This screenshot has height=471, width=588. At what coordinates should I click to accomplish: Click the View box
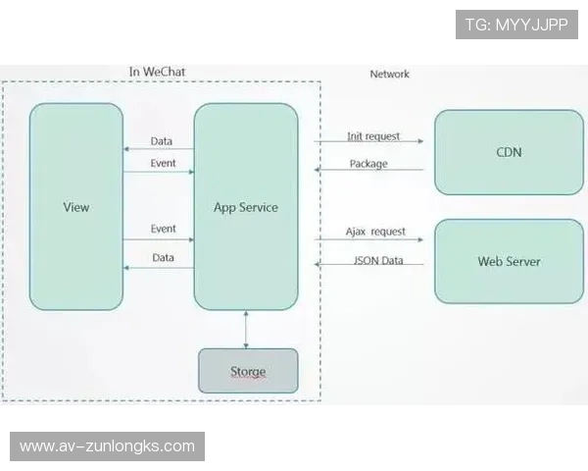point(75,207)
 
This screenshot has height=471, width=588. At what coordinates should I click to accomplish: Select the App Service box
point(245,207)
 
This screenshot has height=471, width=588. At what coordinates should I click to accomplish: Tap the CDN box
point(509,152)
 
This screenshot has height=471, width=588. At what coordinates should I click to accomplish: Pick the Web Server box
point(509,261)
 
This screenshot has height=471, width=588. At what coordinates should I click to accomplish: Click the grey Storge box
point(248,372)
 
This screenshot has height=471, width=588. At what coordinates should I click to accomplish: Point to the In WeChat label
point(157,72)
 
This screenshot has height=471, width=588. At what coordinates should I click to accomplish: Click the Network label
point(389,74)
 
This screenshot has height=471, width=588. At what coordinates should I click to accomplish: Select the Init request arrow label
point(373,136)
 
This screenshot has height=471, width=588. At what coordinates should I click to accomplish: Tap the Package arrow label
point(367,164)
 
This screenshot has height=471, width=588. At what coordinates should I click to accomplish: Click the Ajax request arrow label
point(375,233)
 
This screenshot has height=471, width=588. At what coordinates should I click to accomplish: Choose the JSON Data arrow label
point(377,260)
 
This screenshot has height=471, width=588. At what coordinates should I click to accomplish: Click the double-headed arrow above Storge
point(246,329)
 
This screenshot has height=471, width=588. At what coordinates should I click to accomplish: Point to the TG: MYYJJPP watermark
point(516,25)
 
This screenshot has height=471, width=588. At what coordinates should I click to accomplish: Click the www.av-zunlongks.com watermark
point(107,446)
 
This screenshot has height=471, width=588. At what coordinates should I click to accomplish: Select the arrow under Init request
point(368,143)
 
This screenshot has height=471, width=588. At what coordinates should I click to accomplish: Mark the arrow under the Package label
point(368,171)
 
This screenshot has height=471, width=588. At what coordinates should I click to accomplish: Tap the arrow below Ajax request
point(368,239)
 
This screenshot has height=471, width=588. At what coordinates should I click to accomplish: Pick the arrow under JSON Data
point(368,265)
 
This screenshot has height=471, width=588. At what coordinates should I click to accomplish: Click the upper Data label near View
point(162,142)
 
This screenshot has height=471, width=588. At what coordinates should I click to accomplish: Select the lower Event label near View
point(164,229)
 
